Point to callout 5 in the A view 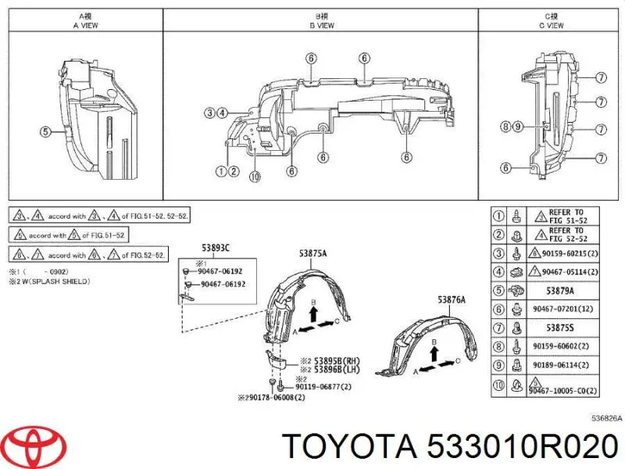45,132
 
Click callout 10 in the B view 253,176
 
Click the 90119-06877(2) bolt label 326,387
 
